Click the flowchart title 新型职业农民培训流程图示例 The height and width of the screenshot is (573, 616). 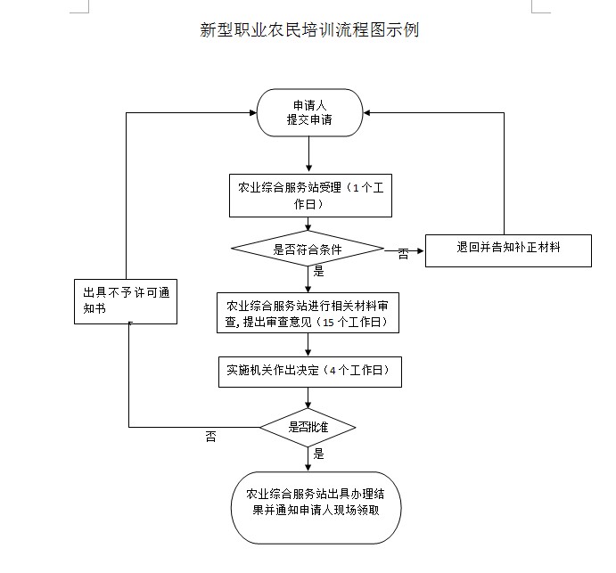tap(309, 30)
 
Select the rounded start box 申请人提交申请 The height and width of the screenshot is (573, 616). tap(308, 113)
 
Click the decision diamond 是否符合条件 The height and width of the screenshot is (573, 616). tap(308, 250)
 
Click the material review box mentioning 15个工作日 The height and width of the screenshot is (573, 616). tap(308, 313)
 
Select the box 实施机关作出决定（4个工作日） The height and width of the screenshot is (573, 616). tap(308, 370)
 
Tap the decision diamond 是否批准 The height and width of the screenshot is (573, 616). tap(308, 427)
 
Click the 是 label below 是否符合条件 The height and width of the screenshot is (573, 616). tap(318, 271)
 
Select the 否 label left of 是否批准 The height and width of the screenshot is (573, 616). tap(210, 436)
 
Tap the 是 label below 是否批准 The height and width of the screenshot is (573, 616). tap(318, 454)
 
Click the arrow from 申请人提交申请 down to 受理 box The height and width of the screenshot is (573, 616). tap(308, 155)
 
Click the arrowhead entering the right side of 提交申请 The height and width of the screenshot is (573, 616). tap(367, 113)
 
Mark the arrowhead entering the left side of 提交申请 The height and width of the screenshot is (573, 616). tap(251, 113)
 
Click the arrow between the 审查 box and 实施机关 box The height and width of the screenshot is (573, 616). tap(308, 346)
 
